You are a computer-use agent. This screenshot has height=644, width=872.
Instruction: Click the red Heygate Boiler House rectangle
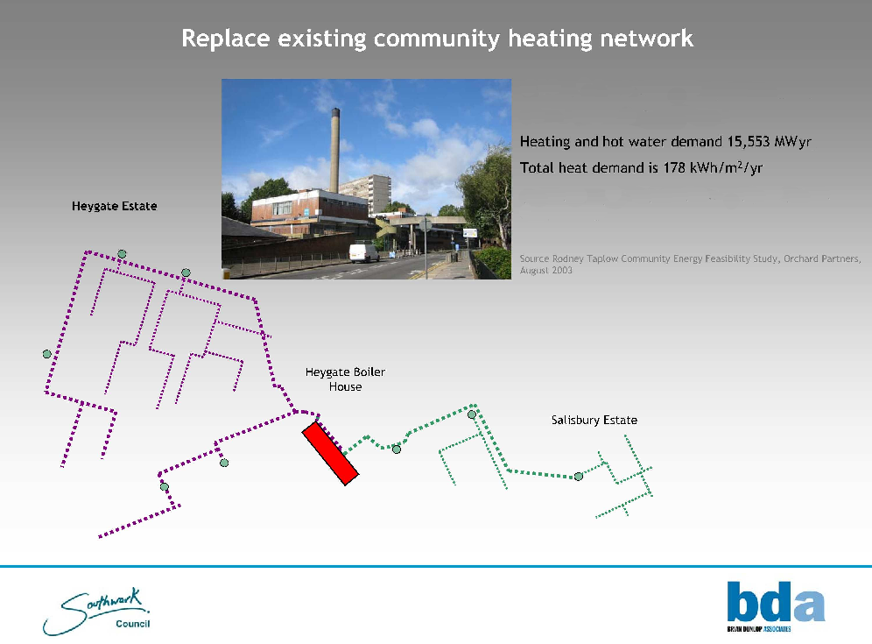click(330, 453)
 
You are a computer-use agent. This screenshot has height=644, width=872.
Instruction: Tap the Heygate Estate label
click(115, 207)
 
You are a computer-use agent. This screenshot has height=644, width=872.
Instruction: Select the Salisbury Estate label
click(594, 421)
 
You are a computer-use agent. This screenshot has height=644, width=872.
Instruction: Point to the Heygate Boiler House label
click(345, 379)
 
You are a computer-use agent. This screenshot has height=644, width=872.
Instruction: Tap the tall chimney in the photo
click(334, 151)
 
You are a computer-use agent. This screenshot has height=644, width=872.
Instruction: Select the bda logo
click(776, 605)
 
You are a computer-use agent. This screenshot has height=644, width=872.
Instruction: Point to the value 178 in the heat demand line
click(674, 167)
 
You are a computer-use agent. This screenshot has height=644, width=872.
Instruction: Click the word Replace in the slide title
click(226, 39)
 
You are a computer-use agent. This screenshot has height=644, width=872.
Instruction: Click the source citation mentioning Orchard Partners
click(690, 265)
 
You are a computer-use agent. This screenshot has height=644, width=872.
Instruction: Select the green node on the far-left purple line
click(47, 354)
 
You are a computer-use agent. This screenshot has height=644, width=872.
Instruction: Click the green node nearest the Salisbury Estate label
click(579, 477)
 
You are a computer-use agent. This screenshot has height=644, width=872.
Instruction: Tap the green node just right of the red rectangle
click(397, 449)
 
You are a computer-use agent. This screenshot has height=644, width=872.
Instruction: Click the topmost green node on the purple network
click(122, 254)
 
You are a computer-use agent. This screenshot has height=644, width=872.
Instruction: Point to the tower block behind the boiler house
click(365, 193)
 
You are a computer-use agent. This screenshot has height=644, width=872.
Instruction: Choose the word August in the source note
click(534, 271)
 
